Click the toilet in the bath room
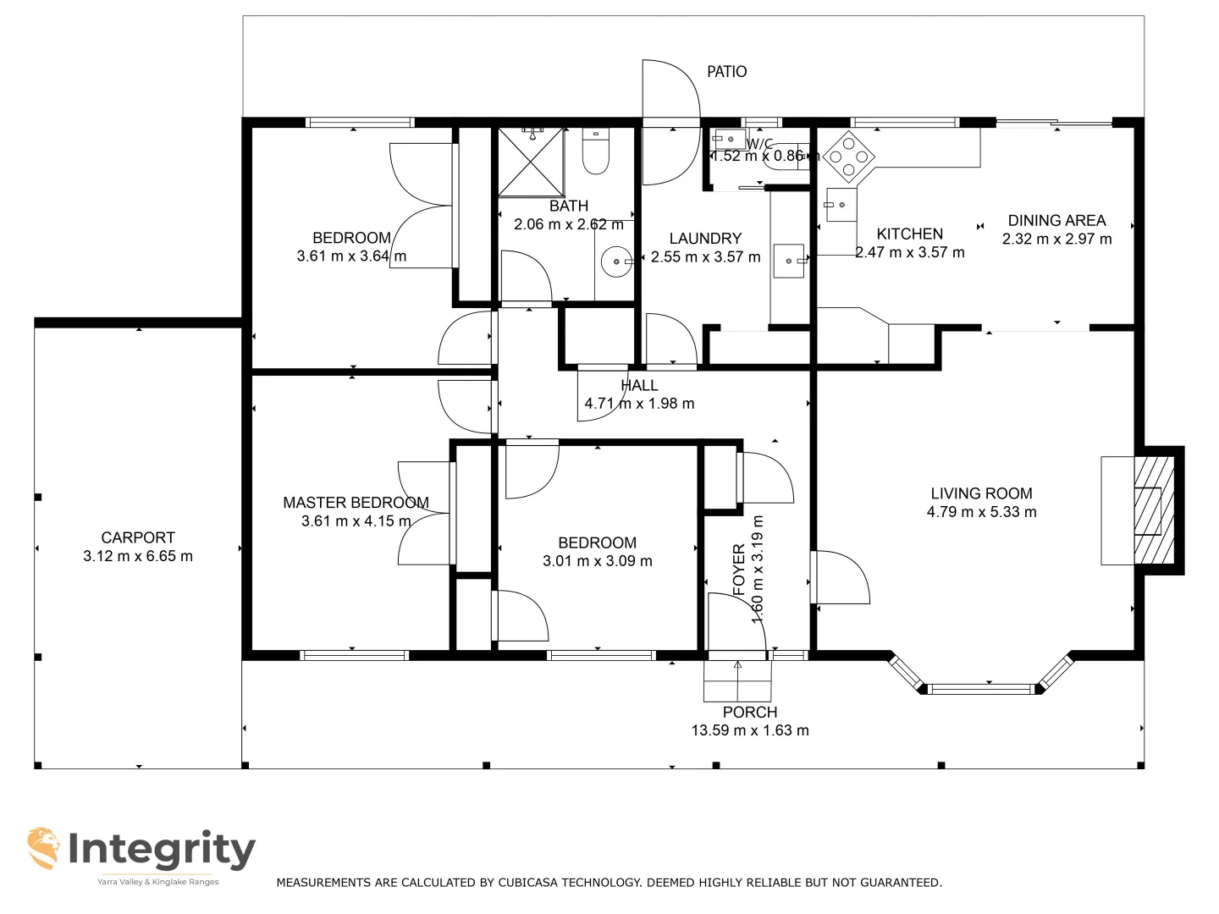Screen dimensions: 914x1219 pos(596,151)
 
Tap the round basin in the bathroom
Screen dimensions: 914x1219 pos(615,262)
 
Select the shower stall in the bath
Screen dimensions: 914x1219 pos(530,161)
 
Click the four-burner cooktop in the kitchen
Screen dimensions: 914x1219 pos(848,157)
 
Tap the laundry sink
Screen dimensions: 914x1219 pos(789,261)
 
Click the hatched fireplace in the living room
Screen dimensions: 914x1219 pos(1153,510)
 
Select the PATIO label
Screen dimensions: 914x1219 pos(726,72)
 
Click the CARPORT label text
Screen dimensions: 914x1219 pos(138,537)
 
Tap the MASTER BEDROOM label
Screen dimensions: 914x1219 pos(356,503)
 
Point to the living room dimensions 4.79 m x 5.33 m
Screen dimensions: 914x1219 pos(981,512)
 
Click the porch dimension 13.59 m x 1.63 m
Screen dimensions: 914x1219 pos(749,730)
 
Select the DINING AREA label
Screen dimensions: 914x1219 pos(1056,220)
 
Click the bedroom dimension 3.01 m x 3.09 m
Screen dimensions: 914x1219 pos(597,561)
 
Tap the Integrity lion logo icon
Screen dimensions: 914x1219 pos(43,848)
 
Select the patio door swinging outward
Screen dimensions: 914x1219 pos(670,123)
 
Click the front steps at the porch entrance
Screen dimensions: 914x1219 pos(738,680)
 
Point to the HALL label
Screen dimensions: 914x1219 pos(639,385)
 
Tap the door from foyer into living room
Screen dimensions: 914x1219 pos(838,578)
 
